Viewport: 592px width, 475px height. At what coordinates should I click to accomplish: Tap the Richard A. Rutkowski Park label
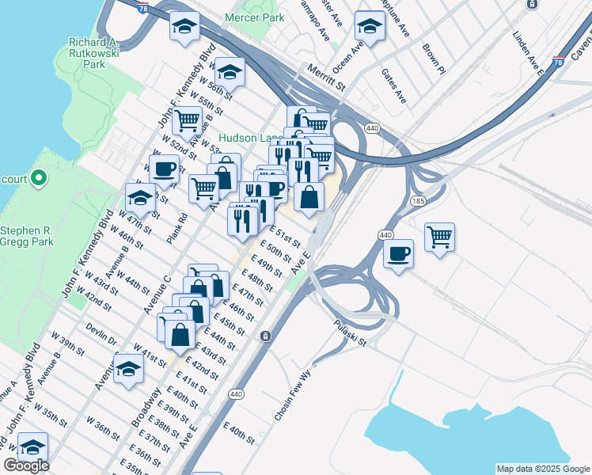(99, 53)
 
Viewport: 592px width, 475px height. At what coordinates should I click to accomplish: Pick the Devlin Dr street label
(101, 334)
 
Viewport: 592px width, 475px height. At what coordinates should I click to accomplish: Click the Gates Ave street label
(393, 85)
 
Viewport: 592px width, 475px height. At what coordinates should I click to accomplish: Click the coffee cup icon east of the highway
(398, 254)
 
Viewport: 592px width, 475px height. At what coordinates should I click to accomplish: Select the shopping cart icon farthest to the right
(439, 237)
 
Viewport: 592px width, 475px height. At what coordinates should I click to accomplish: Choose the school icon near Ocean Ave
(370, 27)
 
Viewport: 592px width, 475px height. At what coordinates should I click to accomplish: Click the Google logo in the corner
(25, 465)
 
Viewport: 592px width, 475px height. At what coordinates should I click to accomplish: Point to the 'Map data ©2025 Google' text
(543, 469)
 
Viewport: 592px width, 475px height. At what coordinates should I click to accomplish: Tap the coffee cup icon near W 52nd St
(164, 169)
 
